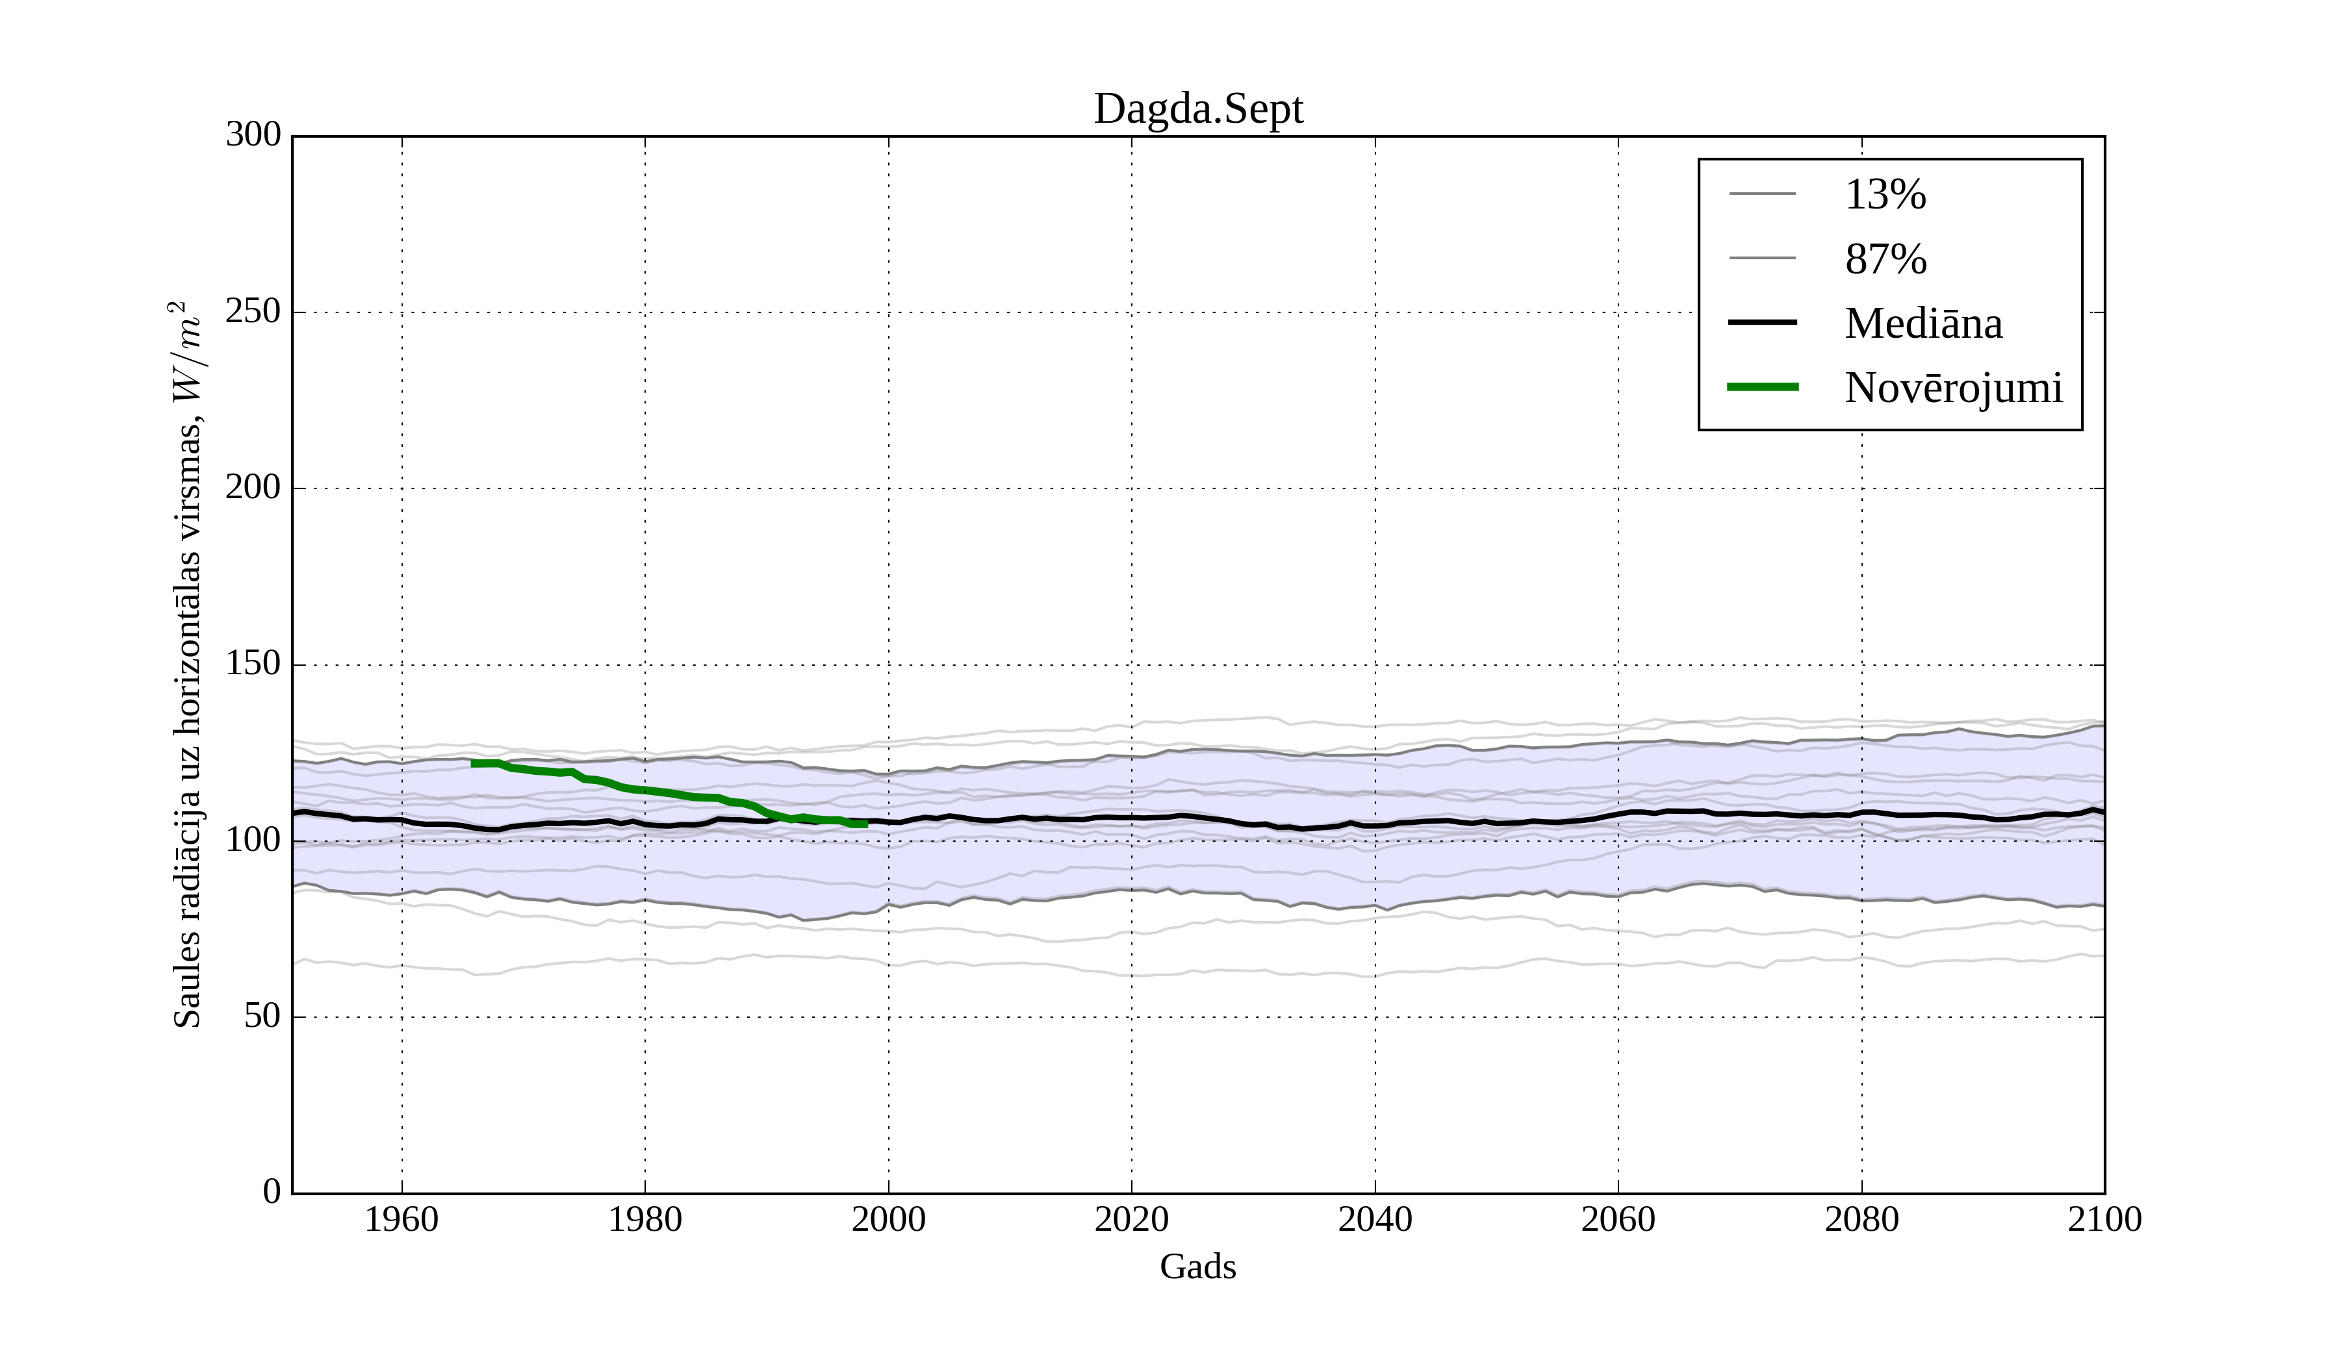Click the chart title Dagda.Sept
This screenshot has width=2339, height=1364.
click(x=1197, y=110)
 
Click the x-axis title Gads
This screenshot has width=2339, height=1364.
click(x=1197, y=1267)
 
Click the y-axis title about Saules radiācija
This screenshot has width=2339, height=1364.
click(x=188, y=664)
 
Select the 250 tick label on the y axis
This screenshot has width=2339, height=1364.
click(x=253, y=312)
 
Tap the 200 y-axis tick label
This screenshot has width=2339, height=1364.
click(x=253, y=488)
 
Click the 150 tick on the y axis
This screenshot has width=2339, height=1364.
click(x=253, y=664)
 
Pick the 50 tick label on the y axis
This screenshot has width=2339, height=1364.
click(x=262, y=1017)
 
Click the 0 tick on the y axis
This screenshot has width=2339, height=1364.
click(x=272, y=1193)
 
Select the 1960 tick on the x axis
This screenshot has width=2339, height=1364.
click(x=402, y=1219)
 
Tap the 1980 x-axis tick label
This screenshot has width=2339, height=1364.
click(x=645, y=1219)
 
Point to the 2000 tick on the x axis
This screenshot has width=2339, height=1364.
click(x=888, y=1219)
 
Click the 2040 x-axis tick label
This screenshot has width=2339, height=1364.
click(x=1375, y=1219)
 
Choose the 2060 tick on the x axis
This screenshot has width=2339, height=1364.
click(x=1618, y=1219)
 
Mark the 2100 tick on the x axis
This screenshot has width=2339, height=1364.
click(x=2104, y=1219)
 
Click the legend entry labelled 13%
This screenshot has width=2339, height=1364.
click(x=1885, y=195)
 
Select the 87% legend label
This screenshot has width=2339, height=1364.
click(x=1885, y=259)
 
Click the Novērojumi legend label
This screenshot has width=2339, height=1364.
click(x=1953, y=388)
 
